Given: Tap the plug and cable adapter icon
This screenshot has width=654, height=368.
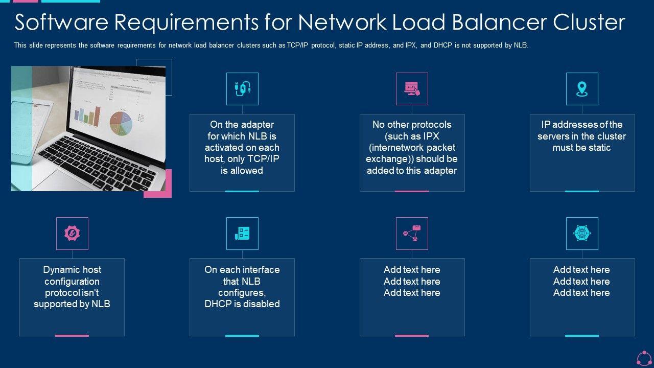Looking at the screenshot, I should point(242,89).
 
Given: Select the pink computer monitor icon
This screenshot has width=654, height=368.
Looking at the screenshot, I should point(412,89).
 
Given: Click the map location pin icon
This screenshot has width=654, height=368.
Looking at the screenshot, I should point(582,89).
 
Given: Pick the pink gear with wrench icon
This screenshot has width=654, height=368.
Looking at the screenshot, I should point(72,234).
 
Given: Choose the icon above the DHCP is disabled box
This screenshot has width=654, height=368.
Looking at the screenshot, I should point(242,234).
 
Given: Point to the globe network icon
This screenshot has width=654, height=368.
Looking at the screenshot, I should point(582,234).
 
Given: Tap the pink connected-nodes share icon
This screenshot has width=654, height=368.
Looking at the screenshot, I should point(412,234).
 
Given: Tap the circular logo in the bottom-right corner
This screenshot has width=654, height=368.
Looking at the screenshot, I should point(644,358).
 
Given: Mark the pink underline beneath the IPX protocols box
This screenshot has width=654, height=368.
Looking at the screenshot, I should point(412,191).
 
